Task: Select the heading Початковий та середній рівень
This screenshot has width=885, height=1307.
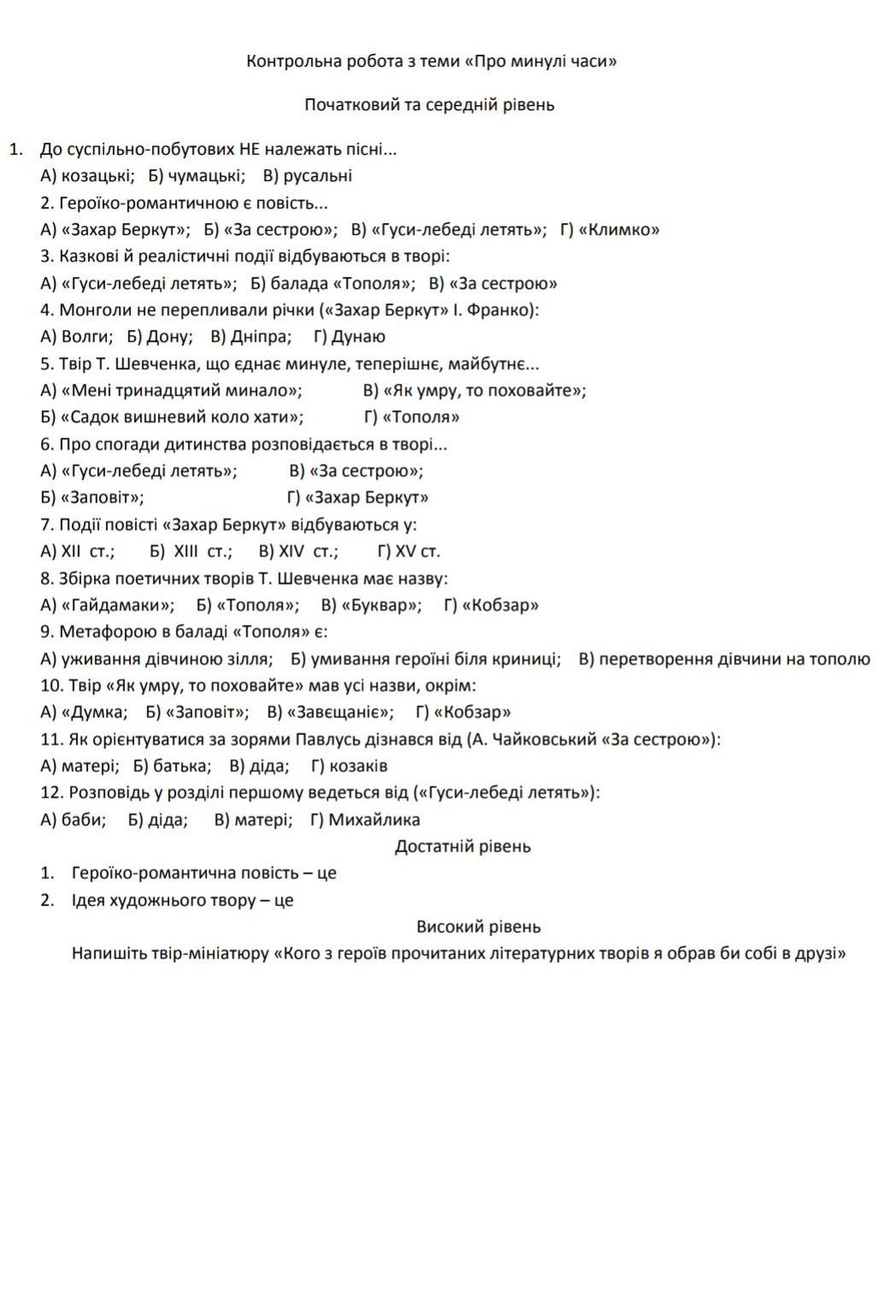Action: click(430, 105)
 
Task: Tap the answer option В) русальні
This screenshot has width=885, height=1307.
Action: click(307, 176)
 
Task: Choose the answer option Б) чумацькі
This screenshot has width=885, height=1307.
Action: click(196, 176)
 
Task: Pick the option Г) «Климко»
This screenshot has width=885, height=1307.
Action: click(609, 230)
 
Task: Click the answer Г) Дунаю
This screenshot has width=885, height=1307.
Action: click(349, 337)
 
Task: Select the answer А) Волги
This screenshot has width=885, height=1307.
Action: click(77, 337)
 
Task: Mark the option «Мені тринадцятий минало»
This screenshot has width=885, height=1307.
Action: click(171, 391)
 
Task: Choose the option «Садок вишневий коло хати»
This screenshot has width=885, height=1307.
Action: click(172, 417)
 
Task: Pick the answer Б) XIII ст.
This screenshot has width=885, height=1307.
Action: click(190, 551)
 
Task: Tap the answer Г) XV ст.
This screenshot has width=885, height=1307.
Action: click(408, 551)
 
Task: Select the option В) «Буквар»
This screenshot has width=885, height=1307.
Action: click(371, 605)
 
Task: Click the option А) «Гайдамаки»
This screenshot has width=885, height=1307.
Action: click(107, 605)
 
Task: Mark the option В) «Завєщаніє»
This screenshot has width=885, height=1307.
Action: click(330, 712)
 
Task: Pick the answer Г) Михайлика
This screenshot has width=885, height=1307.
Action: click(365, 820)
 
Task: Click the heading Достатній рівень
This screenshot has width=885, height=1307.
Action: click(462, 846)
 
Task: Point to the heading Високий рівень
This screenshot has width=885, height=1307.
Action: click(478, 927)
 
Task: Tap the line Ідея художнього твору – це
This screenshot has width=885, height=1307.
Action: click(182, 900)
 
